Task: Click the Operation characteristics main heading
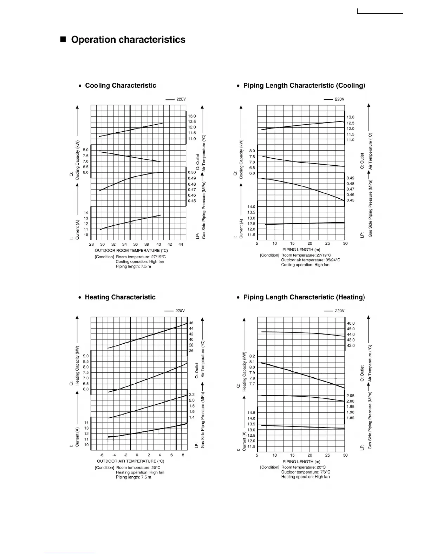128,40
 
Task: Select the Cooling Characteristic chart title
120,86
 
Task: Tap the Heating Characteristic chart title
120,297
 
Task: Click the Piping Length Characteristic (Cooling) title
304,86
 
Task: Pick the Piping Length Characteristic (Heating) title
304,297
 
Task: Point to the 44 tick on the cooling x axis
181,244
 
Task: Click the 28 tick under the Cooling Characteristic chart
91,244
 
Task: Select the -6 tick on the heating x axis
102,455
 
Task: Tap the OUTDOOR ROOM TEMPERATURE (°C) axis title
131,251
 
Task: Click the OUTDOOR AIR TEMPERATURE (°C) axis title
131,461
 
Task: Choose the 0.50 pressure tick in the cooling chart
192,172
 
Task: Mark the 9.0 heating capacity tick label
86,356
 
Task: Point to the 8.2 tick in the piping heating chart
252,356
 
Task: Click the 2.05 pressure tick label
350,396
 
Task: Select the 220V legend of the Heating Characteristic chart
180,311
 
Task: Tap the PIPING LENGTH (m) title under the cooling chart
301,250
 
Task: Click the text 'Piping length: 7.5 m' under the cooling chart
133,266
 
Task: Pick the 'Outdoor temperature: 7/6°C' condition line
306,472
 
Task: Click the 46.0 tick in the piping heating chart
351,323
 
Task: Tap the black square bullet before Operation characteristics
63,40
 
